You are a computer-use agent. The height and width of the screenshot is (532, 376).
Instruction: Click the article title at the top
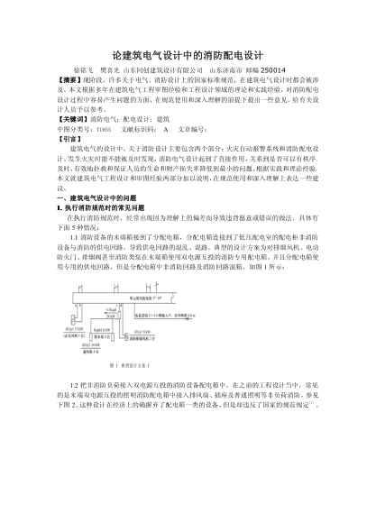pos(188,55)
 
